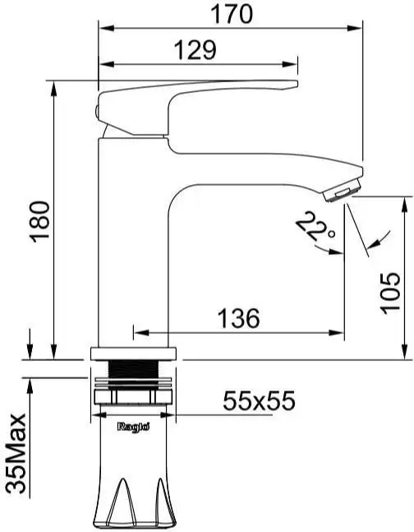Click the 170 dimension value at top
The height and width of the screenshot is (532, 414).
231,13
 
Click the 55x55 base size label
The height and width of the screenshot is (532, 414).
259,401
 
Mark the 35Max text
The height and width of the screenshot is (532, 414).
16,456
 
